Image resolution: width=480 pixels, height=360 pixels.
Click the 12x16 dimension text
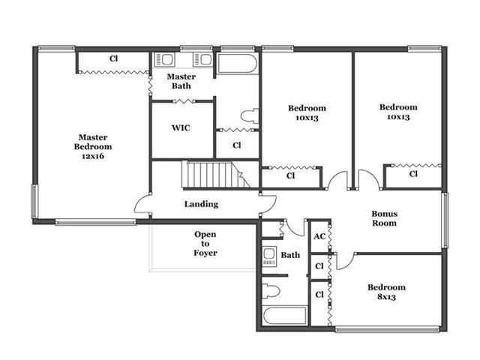[93, 156]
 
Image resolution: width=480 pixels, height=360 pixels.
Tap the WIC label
[181, 127]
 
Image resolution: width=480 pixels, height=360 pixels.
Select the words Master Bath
[181, 81]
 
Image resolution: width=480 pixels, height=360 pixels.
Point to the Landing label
[201, 204]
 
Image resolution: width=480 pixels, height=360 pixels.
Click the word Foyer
[205, 253]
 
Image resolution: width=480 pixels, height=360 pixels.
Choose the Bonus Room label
[385, 218]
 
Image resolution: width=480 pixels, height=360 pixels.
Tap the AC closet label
[319, 236]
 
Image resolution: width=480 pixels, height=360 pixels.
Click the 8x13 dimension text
[386, 297]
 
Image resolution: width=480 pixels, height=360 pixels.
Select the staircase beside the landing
[216, 175]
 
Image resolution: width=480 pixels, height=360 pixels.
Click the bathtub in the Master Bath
[238, 64]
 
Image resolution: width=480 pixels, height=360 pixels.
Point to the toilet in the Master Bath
[250, 115]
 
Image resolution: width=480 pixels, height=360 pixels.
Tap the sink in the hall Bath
[269, 256]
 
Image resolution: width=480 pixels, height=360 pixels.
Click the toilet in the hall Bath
[271, 292]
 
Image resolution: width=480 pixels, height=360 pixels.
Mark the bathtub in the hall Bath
[284, 316]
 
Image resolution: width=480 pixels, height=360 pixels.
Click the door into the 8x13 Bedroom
[345, 262]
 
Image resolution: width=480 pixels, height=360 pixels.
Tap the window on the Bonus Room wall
[445, 220]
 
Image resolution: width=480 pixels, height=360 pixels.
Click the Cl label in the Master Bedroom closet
[113, 58]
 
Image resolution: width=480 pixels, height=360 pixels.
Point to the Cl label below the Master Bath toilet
[237, 145]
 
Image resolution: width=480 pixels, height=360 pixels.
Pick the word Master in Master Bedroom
[93, 137]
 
